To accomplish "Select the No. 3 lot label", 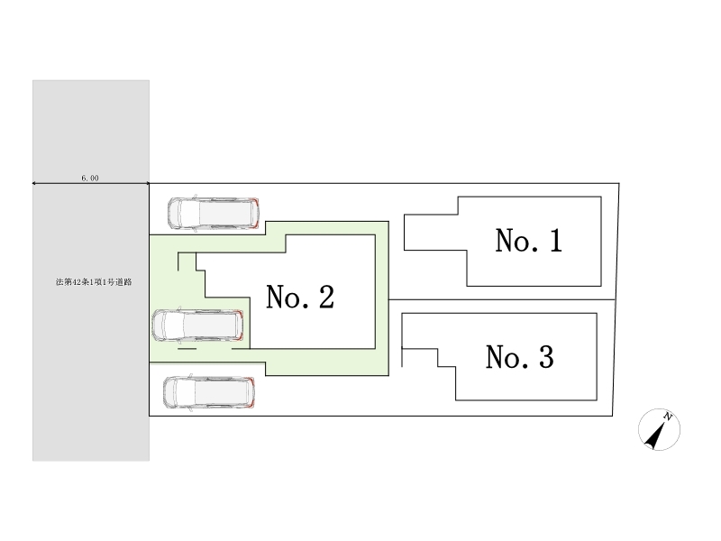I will point(519,358).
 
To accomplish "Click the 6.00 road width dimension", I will point(89,179).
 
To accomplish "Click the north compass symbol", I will point(657,429).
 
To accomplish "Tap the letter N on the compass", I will point(668,416).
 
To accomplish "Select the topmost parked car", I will point(213,212).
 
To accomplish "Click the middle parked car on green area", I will point(198,326).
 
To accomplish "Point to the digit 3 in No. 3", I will point(544,358).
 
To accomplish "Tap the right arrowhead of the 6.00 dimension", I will point(147,184).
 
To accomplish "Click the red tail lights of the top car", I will point(256,212).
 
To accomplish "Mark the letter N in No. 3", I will point(497,358).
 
